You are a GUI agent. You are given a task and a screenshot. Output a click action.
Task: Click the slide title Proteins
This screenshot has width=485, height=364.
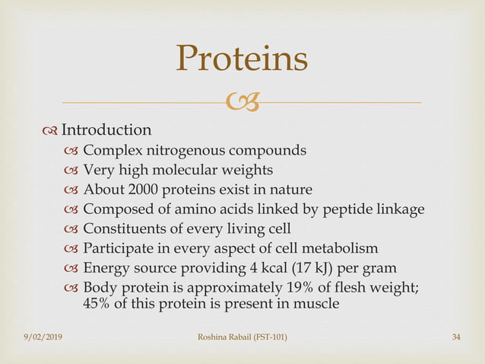pyautogui.click(x=242, y=60)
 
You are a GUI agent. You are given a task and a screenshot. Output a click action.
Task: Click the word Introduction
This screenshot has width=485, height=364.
pyautogui.click(x=106, y=130)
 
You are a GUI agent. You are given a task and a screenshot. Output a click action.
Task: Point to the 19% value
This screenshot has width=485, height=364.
pyautogui.click(x=302, y=288)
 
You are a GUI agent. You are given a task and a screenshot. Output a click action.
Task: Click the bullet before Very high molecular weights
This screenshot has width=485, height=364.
pyautogui.click(x=72, y=170)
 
